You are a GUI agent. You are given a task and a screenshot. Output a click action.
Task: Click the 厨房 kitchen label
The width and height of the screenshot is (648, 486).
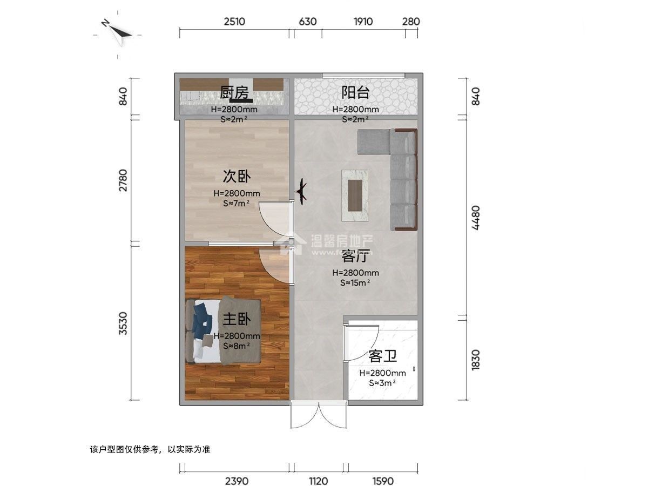pos(234,93)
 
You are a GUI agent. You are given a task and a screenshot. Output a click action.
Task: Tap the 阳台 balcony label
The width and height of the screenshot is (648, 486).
pos(355,93)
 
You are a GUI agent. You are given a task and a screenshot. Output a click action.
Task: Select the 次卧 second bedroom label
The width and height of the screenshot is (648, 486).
pos(237,177)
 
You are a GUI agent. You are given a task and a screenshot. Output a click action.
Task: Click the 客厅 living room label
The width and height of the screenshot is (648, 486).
pos(355,256)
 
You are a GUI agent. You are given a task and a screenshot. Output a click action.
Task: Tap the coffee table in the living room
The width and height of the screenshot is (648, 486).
pos(355,195)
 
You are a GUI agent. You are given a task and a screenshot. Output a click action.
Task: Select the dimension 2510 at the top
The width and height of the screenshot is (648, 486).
pos(234,22)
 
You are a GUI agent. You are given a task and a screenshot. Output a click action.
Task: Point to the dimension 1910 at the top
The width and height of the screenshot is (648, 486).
pos(363,22)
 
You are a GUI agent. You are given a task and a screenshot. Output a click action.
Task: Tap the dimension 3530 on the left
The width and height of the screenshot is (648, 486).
pos(124,323)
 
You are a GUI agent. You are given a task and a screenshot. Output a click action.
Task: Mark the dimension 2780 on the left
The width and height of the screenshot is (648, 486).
pos(124,180)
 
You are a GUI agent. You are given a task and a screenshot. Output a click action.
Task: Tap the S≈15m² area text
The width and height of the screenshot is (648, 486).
pos(355,282)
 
